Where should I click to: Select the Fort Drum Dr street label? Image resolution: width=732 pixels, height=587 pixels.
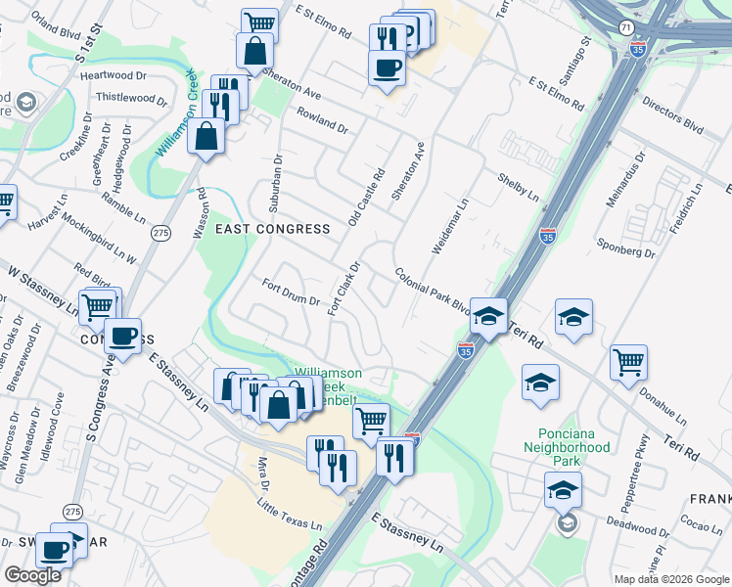tap(291, 292)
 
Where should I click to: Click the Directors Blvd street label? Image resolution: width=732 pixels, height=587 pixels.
tap(673, 114)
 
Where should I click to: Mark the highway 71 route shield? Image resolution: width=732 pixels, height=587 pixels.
tap(625, 30)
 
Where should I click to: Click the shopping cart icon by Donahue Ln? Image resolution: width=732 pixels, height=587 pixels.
tap(628, 361)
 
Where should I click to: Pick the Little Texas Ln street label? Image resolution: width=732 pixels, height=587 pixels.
tap(290, 514)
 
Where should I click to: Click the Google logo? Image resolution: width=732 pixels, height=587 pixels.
tap(33, 575)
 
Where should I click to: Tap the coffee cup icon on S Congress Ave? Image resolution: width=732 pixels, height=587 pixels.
tap(123, 336)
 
